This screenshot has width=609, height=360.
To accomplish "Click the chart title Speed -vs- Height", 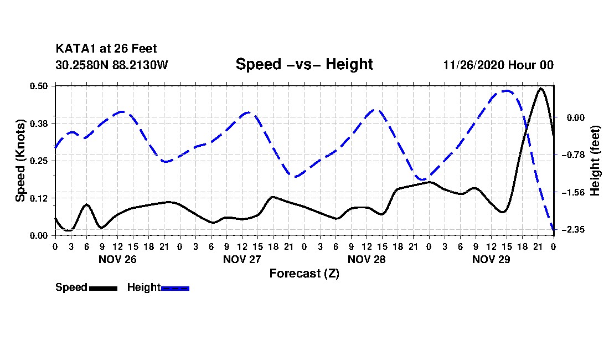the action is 304,64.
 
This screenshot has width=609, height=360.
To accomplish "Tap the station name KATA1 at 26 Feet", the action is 106,49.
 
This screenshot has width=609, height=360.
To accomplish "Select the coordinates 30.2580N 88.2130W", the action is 112,65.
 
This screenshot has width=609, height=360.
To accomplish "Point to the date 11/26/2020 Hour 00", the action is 498,65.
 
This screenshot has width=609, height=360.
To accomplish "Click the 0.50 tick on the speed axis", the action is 38,86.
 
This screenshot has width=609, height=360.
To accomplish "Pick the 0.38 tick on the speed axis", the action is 38,124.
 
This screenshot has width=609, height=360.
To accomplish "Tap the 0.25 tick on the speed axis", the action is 38,161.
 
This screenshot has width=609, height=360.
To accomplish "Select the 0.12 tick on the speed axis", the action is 38,198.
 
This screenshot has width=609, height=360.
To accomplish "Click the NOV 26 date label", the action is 117,259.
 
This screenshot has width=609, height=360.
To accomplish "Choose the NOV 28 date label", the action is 367,259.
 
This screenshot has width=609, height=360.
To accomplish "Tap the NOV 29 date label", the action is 491,259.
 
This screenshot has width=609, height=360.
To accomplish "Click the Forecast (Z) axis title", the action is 304,274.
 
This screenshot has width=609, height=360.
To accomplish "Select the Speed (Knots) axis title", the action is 20,161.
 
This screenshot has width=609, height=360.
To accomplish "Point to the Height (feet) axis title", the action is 595,161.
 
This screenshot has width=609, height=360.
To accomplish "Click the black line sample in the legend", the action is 103,288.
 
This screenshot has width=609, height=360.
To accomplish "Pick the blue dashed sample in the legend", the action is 175,288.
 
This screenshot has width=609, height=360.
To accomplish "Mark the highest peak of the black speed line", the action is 541,89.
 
